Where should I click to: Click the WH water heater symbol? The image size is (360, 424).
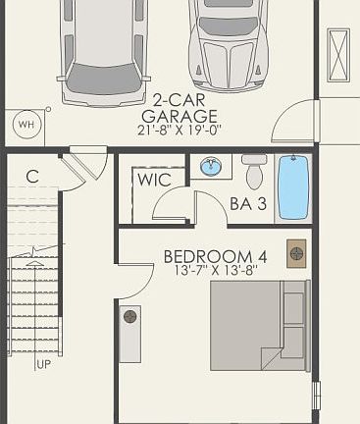26,124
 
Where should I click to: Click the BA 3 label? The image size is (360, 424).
247,203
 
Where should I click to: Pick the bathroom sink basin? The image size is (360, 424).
210,168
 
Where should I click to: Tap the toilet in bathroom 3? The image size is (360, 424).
254,173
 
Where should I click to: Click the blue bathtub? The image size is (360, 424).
293,186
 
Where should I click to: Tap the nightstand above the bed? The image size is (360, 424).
296,252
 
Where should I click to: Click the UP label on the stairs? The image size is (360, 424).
43,364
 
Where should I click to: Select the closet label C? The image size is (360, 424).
32,177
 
